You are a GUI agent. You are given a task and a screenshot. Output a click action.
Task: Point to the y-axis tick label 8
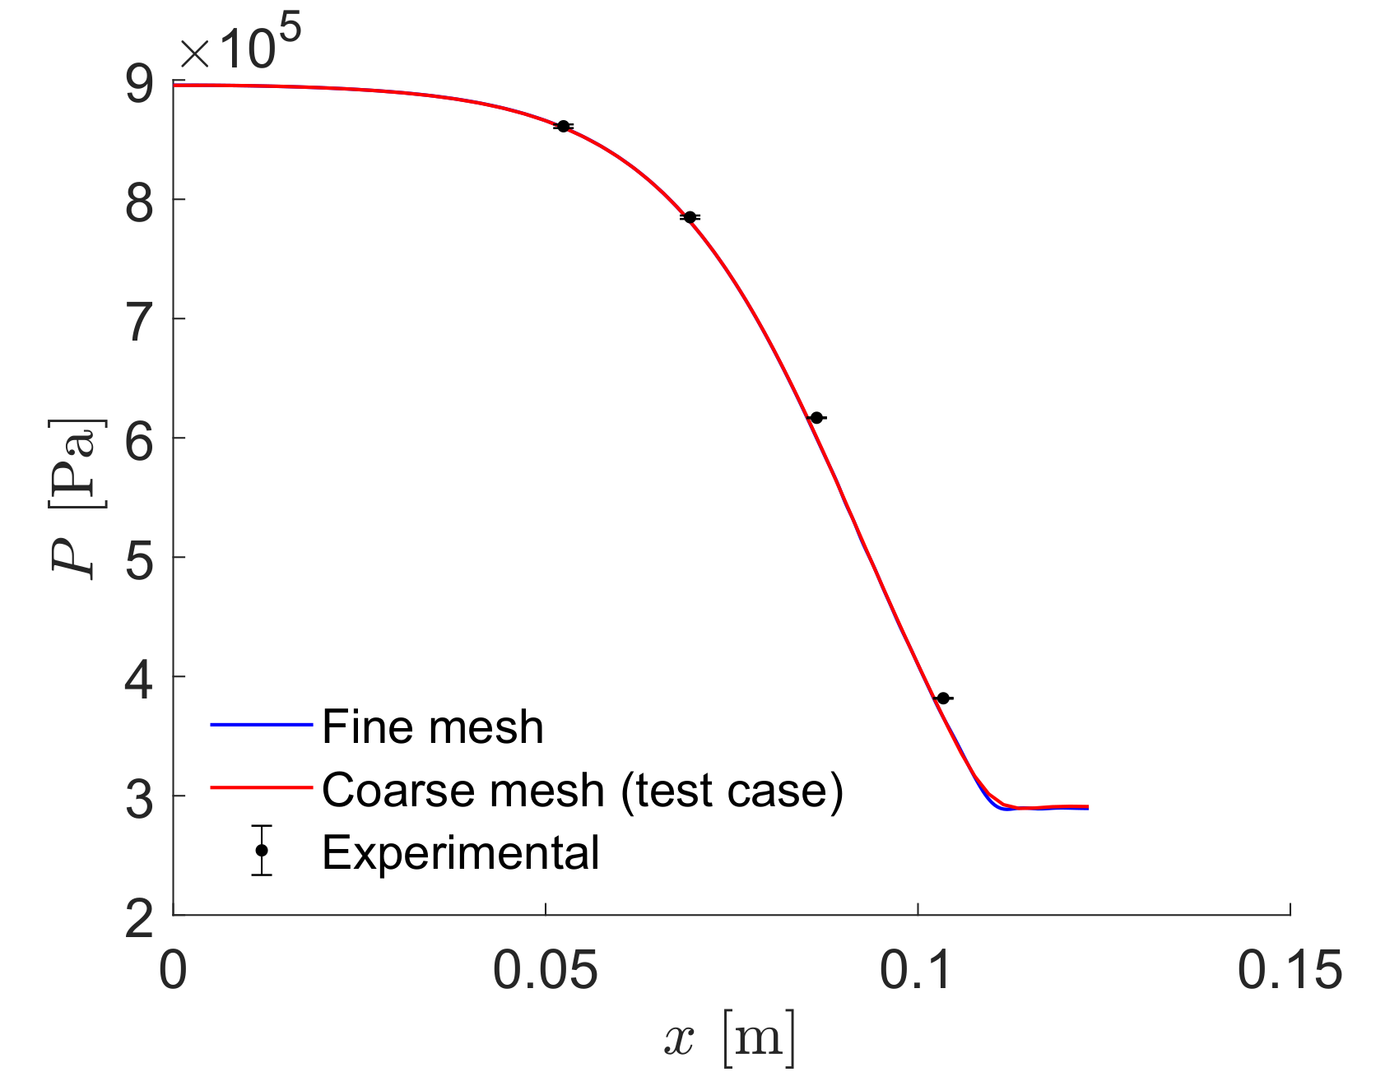[139, 202]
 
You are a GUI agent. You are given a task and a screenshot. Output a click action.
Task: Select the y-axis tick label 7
[139, 321]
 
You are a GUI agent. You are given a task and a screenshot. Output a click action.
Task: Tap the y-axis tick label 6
[139, 440]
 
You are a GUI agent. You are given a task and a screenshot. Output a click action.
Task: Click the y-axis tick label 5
[139, 559]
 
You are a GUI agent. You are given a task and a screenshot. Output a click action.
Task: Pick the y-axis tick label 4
[139, 679]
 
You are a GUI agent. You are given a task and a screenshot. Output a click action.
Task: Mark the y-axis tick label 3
[139, 798]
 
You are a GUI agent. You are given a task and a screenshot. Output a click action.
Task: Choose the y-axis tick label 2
[139, 917]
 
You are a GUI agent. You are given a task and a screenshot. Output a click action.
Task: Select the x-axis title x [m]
[730, 1038]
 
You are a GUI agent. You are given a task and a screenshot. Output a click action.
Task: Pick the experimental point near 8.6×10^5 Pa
[563, 126]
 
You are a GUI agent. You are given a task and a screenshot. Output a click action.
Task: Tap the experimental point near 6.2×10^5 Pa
[816, 418]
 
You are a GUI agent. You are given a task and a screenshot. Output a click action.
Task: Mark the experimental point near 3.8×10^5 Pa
[943, 698]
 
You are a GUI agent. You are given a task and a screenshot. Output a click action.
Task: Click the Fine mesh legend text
[433, 727]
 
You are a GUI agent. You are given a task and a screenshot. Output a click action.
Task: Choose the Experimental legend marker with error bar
[262, 850]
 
